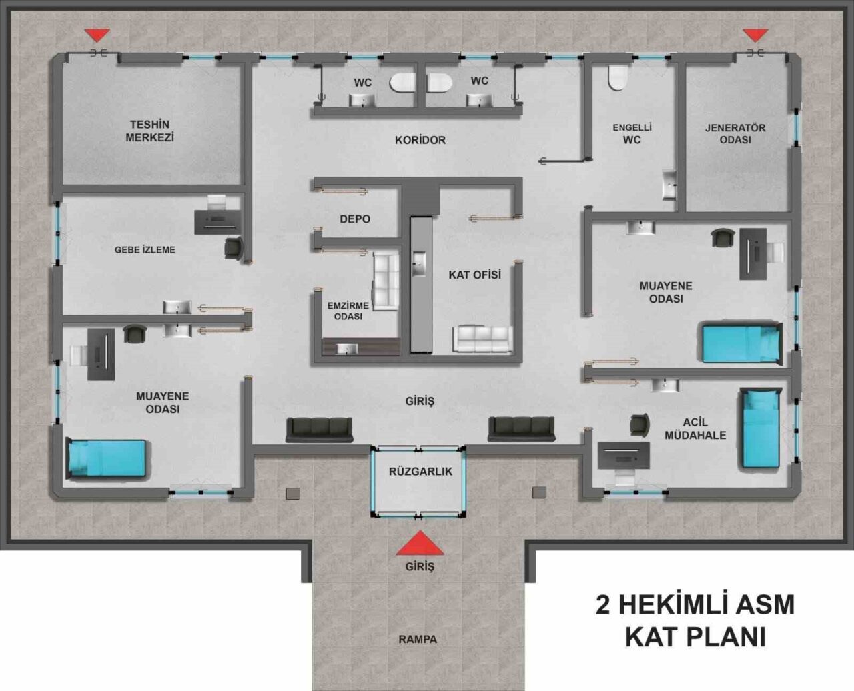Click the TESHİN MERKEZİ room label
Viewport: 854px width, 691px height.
coord(150,131)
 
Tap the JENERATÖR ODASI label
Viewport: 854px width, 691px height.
coord(735,134)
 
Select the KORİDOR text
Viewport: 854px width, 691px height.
coord(420,140)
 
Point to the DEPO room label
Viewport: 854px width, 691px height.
coord(355,219)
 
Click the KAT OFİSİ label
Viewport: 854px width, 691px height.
coord(475,275)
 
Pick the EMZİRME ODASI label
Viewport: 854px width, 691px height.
coord(348,311)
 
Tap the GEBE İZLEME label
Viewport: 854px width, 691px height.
coord(145,250)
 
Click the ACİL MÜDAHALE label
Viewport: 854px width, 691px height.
coord(695,428)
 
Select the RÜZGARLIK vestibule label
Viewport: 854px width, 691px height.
coord(420,472)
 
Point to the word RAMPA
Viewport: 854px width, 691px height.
coord(418,639)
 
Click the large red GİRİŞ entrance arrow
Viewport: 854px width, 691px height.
coord(420,544)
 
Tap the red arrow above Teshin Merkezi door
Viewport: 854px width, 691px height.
coord(97,35)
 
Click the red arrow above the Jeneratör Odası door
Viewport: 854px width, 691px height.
coord(756,35)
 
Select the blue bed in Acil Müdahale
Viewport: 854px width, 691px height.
coord(760,428)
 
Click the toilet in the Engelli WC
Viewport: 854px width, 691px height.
coord(617,77)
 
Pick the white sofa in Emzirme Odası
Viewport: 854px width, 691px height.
coord(386,281)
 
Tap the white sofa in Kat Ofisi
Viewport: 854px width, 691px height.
coord(483,339)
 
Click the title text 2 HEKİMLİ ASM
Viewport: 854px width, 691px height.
coord(695,604)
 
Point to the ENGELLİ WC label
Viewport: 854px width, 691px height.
coord(632,134)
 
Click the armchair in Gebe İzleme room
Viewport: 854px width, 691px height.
coord(234,249)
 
